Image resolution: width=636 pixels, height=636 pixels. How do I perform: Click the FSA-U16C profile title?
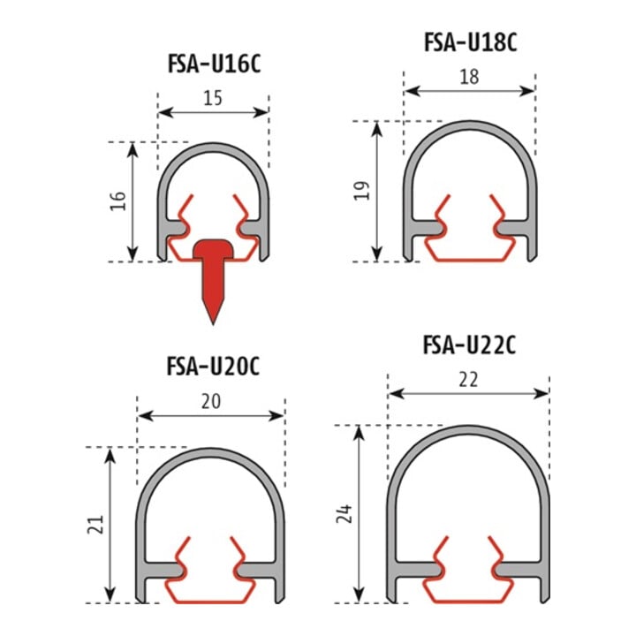click(214, 64)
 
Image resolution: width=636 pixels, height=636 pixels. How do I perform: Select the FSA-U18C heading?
click(471, 42)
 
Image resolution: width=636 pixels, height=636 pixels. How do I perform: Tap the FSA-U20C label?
click(213, 367)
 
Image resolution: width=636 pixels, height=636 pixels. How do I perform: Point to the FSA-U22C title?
click(469, 345)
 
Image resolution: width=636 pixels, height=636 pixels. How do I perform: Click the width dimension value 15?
click(213, 98)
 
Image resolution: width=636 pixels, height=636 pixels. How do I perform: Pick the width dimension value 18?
click(469, 77)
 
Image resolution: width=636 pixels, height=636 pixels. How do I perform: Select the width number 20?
click(211, 402)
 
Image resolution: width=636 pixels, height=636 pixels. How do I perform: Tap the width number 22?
click(468, 380)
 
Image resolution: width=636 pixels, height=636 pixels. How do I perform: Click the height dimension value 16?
click(118, 201)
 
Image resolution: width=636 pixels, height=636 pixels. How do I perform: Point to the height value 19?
click(362, 191)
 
